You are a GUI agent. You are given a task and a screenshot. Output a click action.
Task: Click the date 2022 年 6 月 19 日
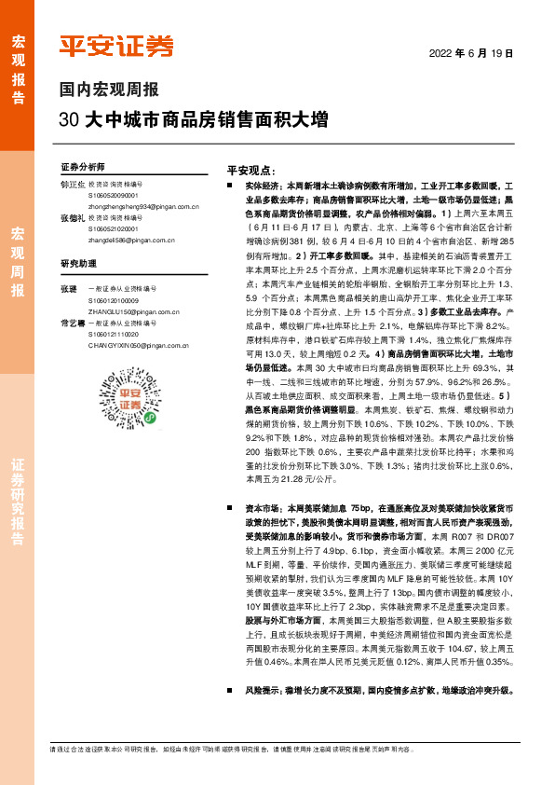[471, 53]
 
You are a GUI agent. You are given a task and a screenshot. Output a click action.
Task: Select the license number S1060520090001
[114, 197]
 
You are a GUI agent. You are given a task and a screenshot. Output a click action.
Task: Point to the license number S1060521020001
[114, 227]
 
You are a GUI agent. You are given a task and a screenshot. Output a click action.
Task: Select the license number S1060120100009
[114, 300]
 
